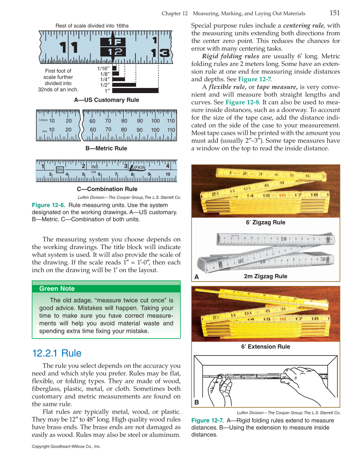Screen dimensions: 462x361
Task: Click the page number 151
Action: tap(334, 13)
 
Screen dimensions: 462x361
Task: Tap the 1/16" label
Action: tap(104, 68)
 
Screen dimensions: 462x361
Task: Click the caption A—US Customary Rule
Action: tap(106, 100)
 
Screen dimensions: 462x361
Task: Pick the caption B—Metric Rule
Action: tap(106, 148)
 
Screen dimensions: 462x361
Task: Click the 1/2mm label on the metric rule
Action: tap(43, 121)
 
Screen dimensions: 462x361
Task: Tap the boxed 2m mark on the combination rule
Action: tap(60, 170)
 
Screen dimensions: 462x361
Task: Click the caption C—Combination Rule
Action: tap(107, 189)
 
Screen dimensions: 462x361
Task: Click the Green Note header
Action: tap(57, 289)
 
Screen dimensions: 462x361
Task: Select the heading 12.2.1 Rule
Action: tap(57, 353)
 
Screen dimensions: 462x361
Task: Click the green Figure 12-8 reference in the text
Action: tap(241, 102)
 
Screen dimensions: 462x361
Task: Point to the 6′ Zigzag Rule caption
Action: tap(265, 222)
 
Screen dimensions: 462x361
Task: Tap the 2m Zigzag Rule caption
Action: tap(265, 276)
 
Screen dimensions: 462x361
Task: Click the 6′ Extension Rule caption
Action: tap(265, 346)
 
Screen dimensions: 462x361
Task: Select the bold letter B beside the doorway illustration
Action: tap(197, 402)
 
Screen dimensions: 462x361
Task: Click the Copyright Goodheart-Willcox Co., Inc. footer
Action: tap(66, 447)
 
